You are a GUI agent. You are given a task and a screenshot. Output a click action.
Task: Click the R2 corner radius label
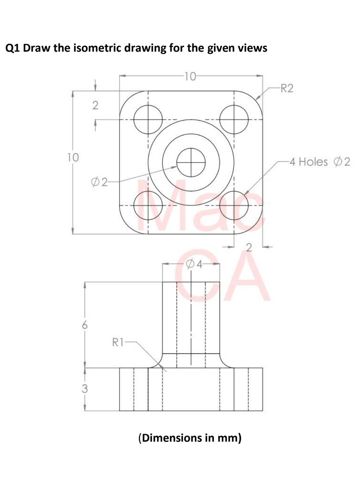click(x=286, y=88)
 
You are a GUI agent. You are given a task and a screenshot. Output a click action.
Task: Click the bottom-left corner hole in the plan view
click(x=148, y=206)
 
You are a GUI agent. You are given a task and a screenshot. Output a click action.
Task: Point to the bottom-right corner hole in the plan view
click(x=234, y=206)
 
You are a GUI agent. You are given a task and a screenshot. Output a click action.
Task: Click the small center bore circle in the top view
click(x=191, y=163)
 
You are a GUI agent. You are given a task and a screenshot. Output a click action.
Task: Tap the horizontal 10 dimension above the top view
click(x=190, y=76)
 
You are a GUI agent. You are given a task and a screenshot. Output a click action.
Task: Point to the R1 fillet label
click(x=118, y=342)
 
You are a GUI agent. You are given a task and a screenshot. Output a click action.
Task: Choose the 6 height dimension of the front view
click(x=84, y=325)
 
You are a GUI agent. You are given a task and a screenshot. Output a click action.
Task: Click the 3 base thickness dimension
click(x=84, y=389)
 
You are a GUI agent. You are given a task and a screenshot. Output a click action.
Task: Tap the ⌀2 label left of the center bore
click(x=99, y=182)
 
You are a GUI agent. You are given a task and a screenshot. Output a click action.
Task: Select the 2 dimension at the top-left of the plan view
click(x=95, y=105)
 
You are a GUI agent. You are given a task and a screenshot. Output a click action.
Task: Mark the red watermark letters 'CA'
click(x=223, y=278)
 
